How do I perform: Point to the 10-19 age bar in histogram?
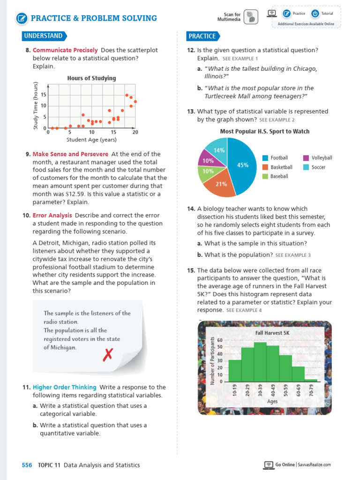coord(235,370)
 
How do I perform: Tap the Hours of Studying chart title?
coord(91,78)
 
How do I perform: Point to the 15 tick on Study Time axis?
coord(43,94)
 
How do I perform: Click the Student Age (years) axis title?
coord(91,140)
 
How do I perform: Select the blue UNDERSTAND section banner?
coord(44,36)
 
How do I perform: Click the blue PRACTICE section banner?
coord(202,36)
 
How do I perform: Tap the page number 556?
coord(27,465)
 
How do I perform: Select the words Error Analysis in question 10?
coord(52,215)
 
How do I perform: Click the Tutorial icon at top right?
coord(315,14)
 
